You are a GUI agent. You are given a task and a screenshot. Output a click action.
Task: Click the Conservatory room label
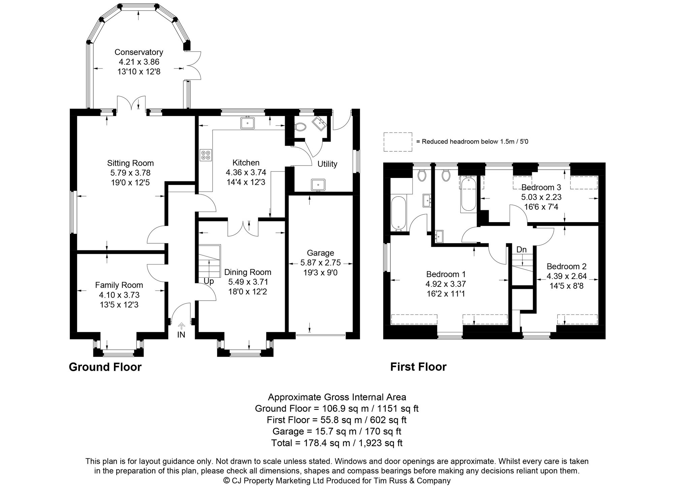pyautogui.click(x=139, y=52)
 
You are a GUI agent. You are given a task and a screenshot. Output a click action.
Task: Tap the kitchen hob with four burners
pyautogui.click(x=205, y=155)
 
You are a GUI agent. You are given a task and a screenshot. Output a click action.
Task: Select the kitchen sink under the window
pyautogui.click(x=248, y=123)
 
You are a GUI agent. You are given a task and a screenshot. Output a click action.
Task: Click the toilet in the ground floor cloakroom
pyautogui.click(x=300, y=127)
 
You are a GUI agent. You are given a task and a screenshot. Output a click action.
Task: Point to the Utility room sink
pyautogui.click(x=318, y=185)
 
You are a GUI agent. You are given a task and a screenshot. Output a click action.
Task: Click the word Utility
pyautogui.click(x=327, y=164)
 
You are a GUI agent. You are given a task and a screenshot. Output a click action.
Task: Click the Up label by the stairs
pyautogui.click(x=209, y=281)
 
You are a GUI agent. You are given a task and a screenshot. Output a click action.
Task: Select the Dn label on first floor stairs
pyautogui.click(x=521, y=250)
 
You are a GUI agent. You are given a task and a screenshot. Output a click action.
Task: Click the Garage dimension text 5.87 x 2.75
pyautogui.click(x=320, y=263)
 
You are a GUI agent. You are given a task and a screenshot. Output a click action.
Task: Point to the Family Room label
pyautogui.click(x=119, y=285)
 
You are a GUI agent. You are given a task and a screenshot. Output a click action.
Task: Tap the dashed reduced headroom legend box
pyautogui.click(x=398, y=142)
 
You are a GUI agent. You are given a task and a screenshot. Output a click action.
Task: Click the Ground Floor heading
pyautogui.click(x=105, y=367)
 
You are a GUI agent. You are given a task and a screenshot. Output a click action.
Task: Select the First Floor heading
pyautogui.click(x=418, y=367)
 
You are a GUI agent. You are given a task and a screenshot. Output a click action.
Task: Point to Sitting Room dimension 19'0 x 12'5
pyautogui.click(x=130, y=183)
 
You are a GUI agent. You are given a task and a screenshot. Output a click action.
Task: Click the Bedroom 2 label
pyautogui.click(x=566, y=266)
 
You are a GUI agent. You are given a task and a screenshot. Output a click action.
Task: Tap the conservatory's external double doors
pyautogui.click(x=193, y=66)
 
